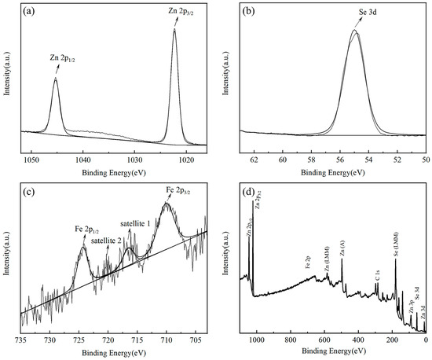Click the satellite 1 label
coord(135,224)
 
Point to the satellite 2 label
coord(105,241)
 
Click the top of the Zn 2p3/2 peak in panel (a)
coord(174,29)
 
